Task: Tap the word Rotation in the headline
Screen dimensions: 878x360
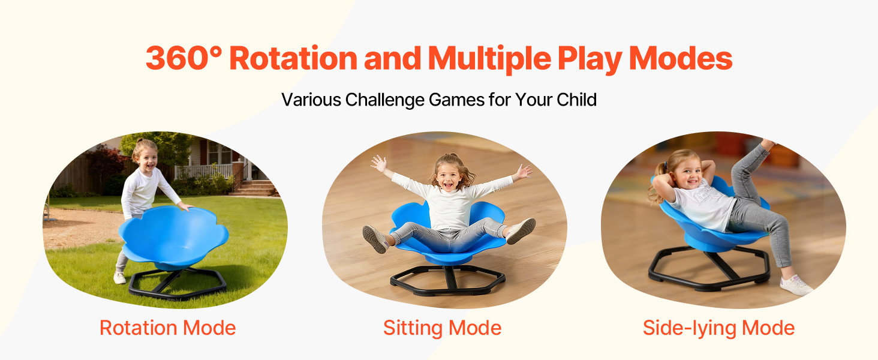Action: coord(293,58)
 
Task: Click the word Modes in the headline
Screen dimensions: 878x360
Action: coord(681,58)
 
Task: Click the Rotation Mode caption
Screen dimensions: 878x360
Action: coord(168,328)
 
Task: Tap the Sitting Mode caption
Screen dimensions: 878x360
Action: coord(442,328)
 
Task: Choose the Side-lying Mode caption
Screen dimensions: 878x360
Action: coord(718,328)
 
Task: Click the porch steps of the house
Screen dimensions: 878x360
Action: coord(255,188)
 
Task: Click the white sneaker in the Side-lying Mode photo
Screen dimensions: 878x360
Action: coord(796,286)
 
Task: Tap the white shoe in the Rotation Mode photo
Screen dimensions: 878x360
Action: coord(119,278)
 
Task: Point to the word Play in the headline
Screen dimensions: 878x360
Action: coord(590,59)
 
